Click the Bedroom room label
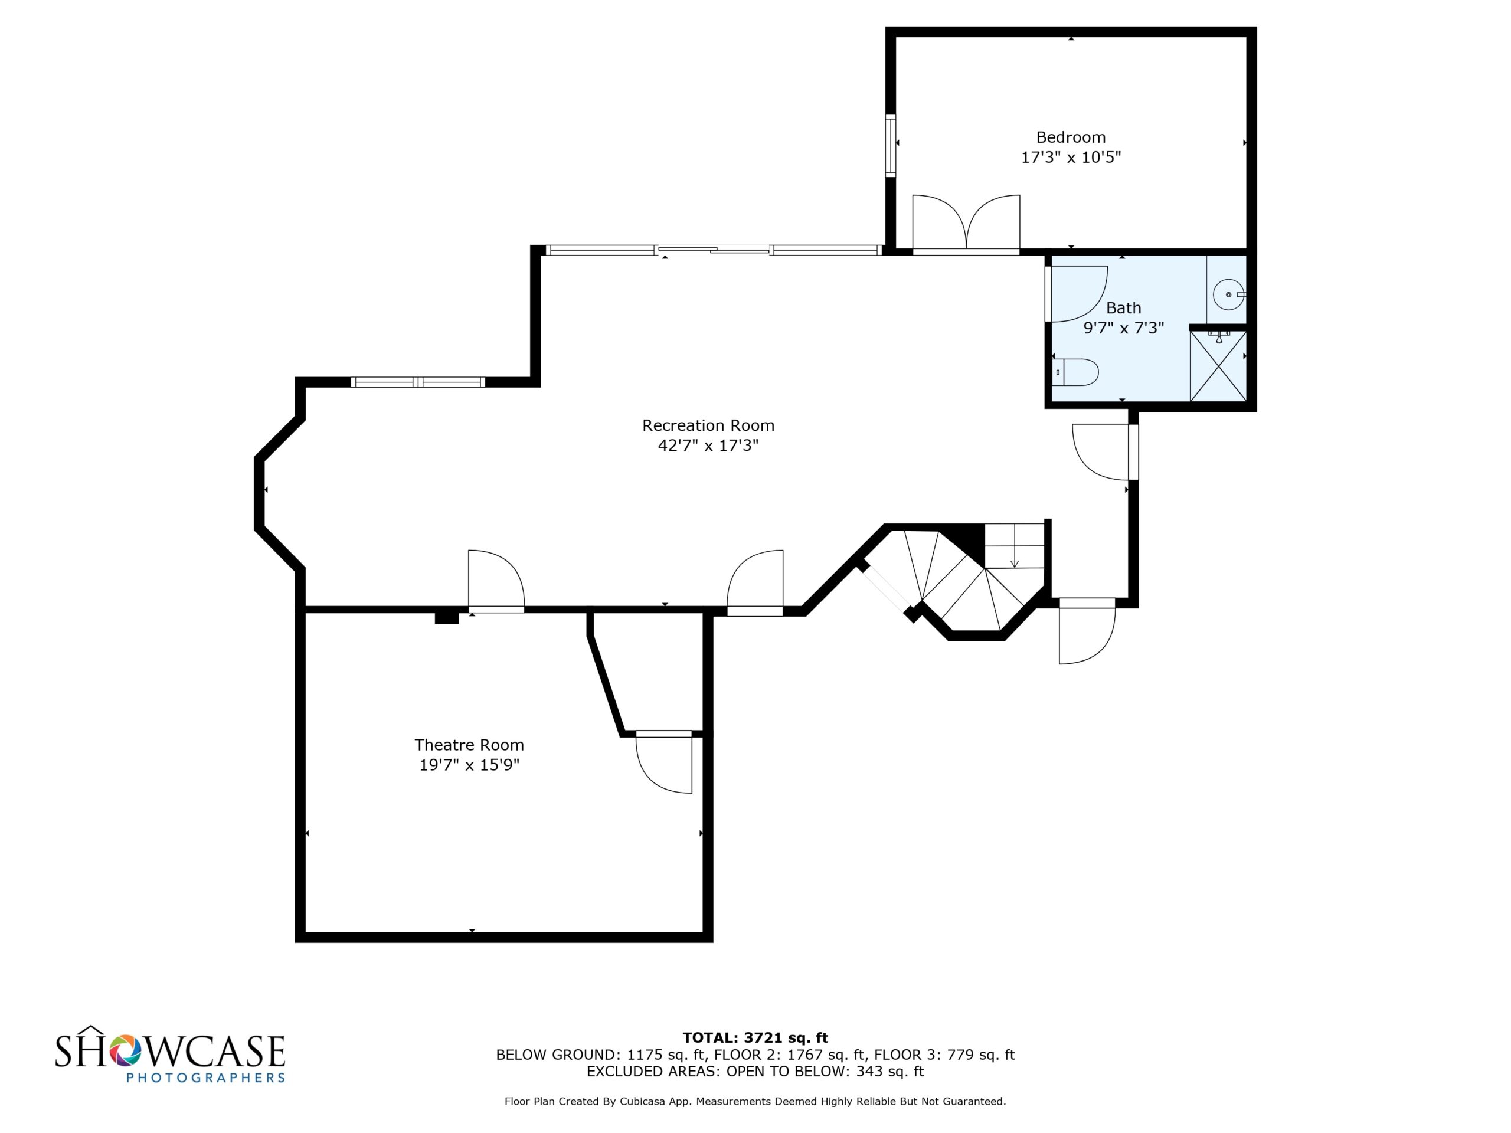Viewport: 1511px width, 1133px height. tap(1071, 137)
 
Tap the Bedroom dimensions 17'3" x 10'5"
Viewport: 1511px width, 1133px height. tap(1071, 158)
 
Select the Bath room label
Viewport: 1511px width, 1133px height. tap(1124, 308)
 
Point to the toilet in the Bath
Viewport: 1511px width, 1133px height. tap(1075, 372)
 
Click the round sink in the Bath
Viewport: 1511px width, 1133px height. tap(1228, 294)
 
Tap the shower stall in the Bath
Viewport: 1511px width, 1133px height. tap(1218, 365)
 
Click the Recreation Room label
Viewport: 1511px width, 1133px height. tap(708, 425)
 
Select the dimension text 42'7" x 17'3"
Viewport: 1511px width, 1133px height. tap(708, 446)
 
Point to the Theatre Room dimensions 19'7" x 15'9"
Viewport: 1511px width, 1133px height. tap(469, 765)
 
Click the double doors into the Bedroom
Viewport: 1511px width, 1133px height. tap(966, 224)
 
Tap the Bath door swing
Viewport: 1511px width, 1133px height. tap(1077, 294)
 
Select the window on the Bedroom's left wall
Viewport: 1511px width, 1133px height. tap(890, 146)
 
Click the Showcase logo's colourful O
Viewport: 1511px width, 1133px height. tap(125, 1050)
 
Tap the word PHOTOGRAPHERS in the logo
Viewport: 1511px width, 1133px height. tap(205, 1078)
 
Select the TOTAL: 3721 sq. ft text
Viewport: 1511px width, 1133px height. tap(755, 1038)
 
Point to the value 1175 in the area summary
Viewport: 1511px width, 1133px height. tap(645, 1055)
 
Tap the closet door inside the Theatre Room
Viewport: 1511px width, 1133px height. tap(664, 763)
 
